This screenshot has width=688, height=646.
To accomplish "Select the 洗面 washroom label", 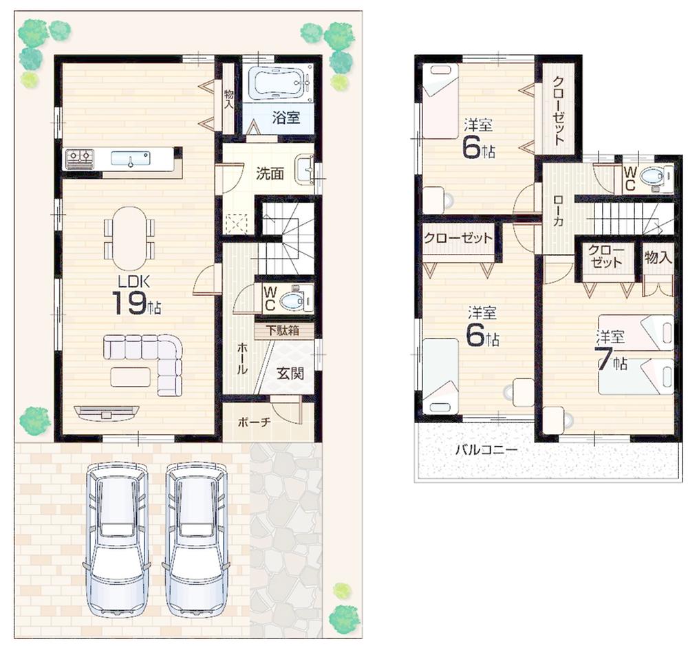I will click(270, 173).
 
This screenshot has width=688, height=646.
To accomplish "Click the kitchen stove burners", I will click(79, 159).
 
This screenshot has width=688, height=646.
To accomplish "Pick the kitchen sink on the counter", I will click(130, 159).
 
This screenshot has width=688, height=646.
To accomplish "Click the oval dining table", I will click(129, 238).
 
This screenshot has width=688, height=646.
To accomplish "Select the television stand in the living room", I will click(106, 412).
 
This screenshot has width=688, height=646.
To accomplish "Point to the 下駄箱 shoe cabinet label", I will click(284, 331).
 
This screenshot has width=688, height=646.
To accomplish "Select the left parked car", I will click(116, 538).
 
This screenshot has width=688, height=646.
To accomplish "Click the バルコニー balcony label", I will click(486, 451).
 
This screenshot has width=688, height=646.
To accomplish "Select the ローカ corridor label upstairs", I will click(558, 211).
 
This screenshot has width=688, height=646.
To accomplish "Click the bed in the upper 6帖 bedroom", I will click(440, 101).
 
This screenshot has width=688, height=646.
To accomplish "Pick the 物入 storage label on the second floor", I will click(658, 257).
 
